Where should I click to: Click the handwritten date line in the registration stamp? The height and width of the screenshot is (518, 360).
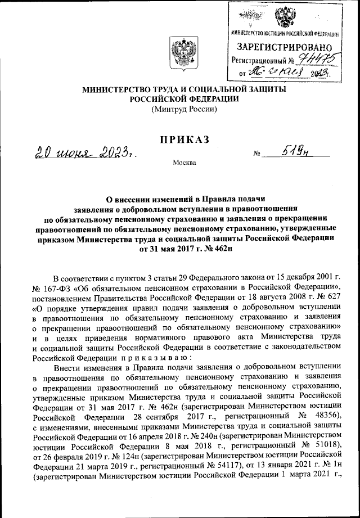coord(284,73)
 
